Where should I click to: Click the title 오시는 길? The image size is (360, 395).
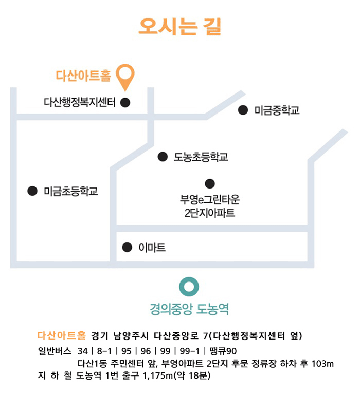(179, 26)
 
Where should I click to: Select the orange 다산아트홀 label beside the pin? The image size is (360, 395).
(83, 76)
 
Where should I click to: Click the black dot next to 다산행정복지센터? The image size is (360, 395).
(125, 102)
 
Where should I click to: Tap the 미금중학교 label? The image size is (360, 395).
(277, 110)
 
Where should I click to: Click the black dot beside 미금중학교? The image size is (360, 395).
(243, 110)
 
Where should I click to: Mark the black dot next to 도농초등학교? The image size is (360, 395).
(163, 156)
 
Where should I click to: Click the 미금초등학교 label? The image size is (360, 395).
(70, 191)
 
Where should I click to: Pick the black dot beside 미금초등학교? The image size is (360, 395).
(32, 191)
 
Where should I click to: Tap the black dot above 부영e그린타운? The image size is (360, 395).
(209, 183)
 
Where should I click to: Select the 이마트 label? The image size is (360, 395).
(152, 248)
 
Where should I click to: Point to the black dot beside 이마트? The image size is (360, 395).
(127, 248)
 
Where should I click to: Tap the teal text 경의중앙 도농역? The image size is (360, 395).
(189, 309)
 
